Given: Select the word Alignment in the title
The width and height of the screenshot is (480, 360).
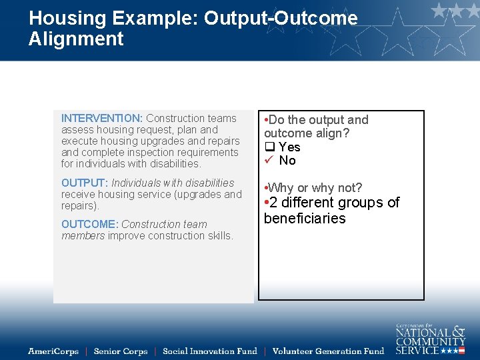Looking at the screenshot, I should click(x=76, y=39).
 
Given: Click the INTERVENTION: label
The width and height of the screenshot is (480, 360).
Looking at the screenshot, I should click(x=102, y=119).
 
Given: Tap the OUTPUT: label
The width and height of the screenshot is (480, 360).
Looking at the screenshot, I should click(x=85, y=183).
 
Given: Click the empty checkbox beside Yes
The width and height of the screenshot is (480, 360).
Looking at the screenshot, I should click(x=269, y=147).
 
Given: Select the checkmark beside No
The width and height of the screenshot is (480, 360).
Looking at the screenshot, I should click(x=269, y=161).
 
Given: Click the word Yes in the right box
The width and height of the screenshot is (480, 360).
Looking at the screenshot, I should click(x=289, y=147).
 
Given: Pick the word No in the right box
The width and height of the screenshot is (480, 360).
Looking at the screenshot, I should click(x=287, y=161).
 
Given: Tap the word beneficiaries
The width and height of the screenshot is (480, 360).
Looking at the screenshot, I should click(x=305, y=219).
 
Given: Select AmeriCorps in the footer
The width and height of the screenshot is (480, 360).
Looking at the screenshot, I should click(x=53, y=351).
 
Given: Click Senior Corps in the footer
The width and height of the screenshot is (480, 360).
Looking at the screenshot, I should click(x=121, y=351).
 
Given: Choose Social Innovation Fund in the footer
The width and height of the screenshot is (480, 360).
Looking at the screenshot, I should click(x=210, y=351).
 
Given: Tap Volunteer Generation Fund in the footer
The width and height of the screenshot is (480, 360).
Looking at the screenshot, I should click(x=329, y=351).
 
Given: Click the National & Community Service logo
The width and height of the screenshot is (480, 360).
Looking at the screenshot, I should click(x=430, y=339).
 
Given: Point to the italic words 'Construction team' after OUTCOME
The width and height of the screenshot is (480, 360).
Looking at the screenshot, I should click(x=164, y=225).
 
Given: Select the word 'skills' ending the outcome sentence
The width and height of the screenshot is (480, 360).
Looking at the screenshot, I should click(x=219, y=236).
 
